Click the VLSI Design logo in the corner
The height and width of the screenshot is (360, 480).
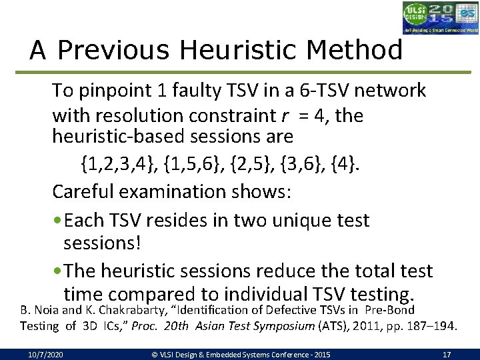tap(441, 17)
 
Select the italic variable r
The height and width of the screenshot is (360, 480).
tap(285, 116)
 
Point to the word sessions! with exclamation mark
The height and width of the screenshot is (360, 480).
tap(102, 243)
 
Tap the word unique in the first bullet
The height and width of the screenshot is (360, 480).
tap(323, 221)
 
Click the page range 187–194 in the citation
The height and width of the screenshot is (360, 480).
tap(433, 325)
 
